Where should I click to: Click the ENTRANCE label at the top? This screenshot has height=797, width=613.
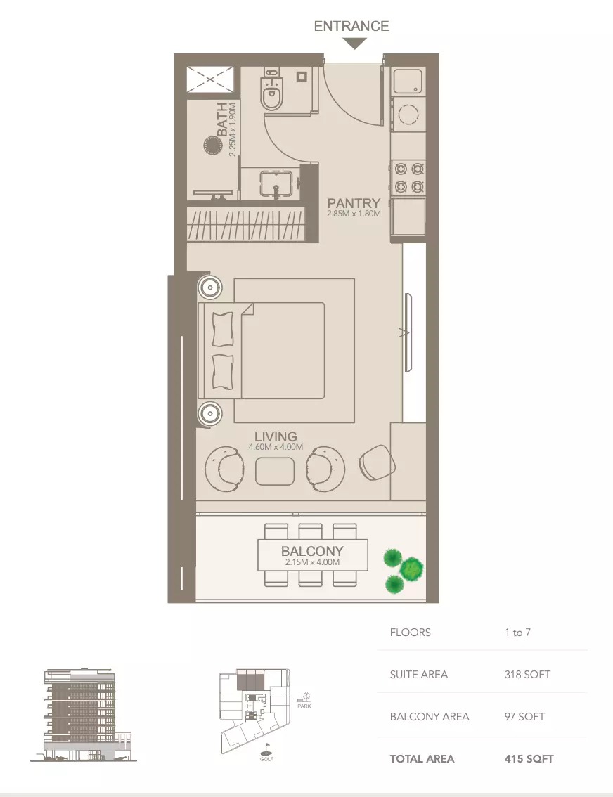[x=351, y=26]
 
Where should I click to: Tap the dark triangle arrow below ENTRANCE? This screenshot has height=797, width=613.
[x=355, y=44]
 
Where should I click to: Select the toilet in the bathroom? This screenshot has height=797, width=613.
[x=272, y=93]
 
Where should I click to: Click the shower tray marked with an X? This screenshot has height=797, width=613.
[x=211, y=79]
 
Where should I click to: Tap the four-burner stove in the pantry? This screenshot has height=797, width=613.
[x=409, y=177]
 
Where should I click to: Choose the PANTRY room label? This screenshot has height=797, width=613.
[x=354, y=204]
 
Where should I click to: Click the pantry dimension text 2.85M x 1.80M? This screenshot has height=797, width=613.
[x=354, y=214]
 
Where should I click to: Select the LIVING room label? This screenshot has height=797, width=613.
[x=276, y=436]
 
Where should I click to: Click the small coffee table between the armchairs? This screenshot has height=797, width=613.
[x=275, y=471]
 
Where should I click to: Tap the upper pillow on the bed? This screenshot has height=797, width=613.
[x=222, y=329]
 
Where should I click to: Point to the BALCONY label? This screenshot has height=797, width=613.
[x=312, y=552]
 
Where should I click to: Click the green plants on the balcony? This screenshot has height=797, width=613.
[x=403, y=569]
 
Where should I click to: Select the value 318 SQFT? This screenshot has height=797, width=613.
[x=527, y=675]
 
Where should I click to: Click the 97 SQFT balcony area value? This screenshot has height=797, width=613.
[x=524, y=717]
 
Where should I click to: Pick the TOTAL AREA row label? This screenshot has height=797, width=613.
[x=422, y=759]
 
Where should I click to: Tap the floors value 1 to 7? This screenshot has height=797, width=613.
[x=517, y=633]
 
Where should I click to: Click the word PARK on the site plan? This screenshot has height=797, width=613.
[x=304, y=706]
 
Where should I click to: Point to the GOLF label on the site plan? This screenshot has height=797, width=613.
[x=266, y=758]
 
